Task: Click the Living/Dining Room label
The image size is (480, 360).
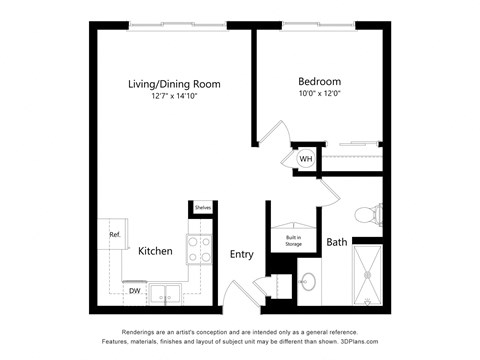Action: point(174,84)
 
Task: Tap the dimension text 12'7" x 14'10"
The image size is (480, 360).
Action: point(174,98)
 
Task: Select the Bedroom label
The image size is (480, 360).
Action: point(319,81)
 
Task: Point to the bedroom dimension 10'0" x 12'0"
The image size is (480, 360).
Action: point(319,95)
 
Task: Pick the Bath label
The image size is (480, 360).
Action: point(336,242)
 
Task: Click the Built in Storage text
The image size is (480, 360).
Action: point(293,238)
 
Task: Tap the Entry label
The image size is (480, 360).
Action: point(241,254)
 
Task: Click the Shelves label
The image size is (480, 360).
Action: point(202,208)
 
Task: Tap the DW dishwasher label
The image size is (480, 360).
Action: point(134,291)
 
